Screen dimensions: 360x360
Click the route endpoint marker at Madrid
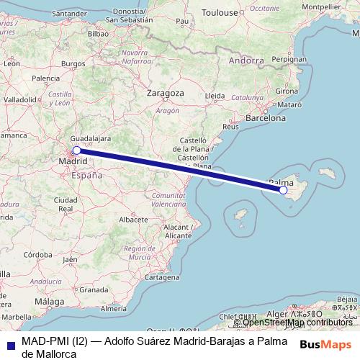point(76,150)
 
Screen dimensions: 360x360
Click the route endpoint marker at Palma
point(284,190)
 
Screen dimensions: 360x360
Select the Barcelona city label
point(266,117)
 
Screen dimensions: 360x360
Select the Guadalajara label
point(91,137)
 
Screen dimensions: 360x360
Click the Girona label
point(287,91)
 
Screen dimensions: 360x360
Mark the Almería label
point(114,308)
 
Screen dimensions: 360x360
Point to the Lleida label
point(215,95)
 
